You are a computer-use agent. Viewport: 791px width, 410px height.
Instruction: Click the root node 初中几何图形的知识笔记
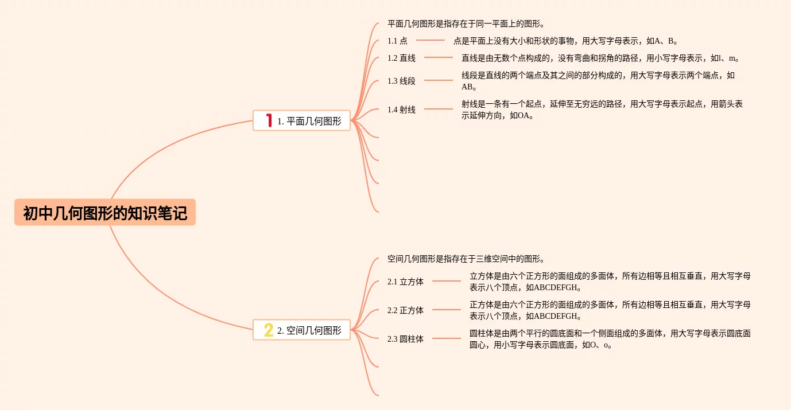[x=105, y=213]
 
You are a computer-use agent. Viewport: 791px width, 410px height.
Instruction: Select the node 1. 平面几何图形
[x=309, y=121]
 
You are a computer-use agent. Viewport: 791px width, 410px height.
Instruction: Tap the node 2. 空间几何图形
[x=309, y=330]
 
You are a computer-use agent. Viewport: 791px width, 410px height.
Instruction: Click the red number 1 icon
[x=269, y=120]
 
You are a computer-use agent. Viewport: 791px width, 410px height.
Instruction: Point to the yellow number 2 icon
[x=268, y=330]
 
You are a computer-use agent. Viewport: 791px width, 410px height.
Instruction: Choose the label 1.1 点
[x=397, y=41]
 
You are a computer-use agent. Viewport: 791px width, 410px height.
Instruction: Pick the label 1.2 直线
[x=401, y=58]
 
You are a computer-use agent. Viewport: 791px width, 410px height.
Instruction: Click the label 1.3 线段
[x=401, y=81]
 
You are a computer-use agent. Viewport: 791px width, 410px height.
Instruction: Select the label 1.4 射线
[x=401, y=110]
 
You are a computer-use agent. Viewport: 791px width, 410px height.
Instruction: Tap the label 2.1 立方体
[x=405, y=282]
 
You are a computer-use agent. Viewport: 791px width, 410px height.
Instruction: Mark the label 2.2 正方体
[x=405, y=310]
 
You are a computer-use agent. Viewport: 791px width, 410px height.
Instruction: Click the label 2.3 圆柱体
[x=405, y=339]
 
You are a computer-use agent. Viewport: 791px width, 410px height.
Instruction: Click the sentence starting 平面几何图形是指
[x=466, y=24]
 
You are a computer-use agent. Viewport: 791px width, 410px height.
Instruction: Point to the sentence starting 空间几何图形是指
[x=466, y=259]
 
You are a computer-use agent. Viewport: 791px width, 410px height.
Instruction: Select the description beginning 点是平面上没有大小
[x=566, y=41]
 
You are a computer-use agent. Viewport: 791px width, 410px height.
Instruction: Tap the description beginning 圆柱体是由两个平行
[x=610, y=339]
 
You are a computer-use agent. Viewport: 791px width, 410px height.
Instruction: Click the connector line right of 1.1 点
[x=431, y=40]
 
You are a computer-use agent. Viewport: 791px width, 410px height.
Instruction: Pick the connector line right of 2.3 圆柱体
[x=447, y=338]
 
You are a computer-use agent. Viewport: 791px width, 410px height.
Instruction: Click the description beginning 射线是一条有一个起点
[x=602, y=110]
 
